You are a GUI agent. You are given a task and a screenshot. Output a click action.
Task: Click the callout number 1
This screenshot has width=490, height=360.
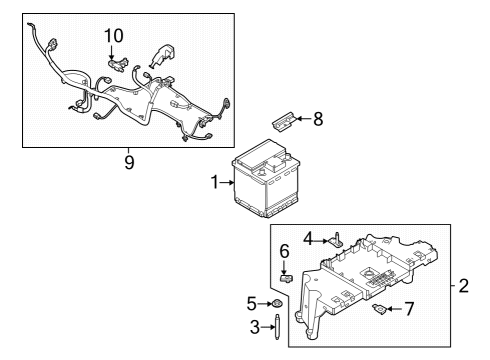coord(215,184)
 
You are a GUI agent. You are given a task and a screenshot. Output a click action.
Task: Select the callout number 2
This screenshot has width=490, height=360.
coord(463,287)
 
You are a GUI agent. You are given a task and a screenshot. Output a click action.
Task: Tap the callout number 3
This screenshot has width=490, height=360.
coord(254,326)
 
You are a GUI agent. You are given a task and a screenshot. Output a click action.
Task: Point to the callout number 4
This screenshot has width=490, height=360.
coord(310,239)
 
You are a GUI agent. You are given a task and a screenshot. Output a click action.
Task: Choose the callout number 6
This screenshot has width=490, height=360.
coord(284,250)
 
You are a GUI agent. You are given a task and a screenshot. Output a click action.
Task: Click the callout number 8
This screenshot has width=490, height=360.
coord(318,120)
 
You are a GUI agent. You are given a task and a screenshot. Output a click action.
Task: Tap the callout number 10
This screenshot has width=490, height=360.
coord(113,36)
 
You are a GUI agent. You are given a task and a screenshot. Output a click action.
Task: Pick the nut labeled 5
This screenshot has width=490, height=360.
coord(276,303)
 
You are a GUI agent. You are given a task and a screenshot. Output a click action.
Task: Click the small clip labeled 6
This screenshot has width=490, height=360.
coord(286,279)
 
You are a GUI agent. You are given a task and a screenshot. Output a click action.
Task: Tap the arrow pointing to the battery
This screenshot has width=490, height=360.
coord(228,184)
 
